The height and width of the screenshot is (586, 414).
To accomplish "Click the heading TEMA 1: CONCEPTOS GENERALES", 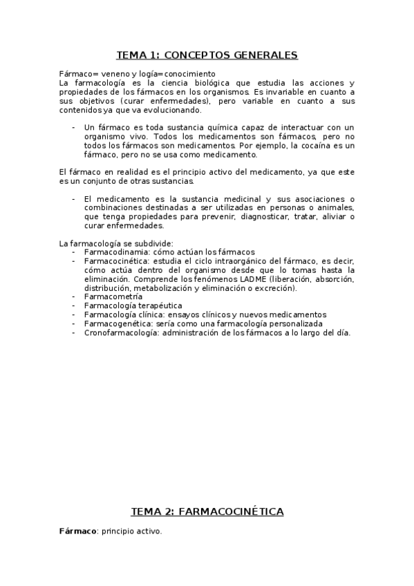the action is point(207,55).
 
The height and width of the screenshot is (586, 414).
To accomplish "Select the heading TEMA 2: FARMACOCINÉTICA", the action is point(207,511).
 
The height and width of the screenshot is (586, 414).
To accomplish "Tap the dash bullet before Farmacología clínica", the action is point(74,314).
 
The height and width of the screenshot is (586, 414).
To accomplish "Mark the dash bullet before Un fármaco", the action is point(74,127).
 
